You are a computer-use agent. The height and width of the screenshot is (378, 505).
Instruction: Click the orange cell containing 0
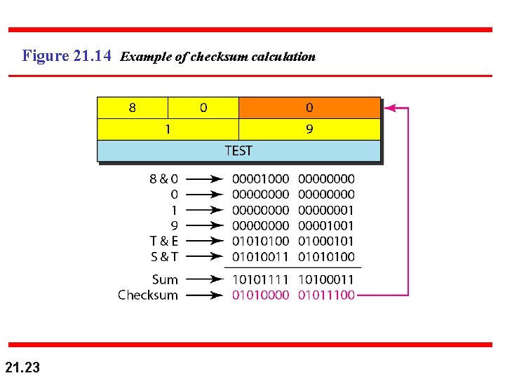309,108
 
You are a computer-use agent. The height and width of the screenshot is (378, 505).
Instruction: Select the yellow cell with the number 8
133,108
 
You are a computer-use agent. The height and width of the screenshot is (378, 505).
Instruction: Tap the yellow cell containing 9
309,129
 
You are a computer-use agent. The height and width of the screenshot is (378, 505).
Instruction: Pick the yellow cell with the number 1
168,129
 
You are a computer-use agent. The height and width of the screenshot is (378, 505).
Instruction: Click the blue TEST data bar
238,150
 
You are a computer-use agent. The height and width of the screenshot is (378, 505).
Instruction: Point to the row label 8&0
163,179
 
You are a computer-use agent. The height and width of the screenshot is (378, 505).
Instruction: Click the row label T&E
163,241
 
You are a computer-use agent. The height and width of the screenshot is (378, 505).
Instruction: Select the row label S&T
163,257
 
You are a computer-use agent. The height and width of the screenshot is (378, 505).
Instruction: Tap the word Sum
165,280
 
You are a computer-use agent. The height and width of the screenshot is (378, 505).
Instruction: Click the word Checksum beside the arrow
147,295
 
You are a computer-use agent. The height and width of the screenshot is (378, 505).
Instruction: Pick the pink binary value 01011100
326,295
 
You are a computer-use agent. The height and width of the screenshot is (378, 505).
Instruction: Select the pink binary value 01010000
260,295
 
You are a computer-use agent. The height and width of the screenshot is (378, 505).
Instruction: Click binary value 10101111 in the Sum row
260,280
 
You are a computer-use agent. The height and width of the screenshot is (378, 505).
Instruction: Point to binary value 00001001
326,225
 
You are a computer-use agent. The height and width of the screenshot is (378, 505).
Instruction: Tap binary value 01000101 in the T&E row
326,241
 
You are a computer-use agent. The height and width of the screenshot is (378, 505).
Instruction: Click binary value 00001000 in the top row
260,179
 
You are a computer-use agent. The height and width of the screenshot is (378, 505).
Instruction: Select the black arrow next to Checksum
205,295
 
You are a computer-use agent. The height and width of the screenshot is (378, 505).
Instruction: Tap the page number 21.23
22,366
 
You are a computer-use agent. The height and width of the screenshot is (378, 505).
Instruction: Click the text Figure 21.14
67,56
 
